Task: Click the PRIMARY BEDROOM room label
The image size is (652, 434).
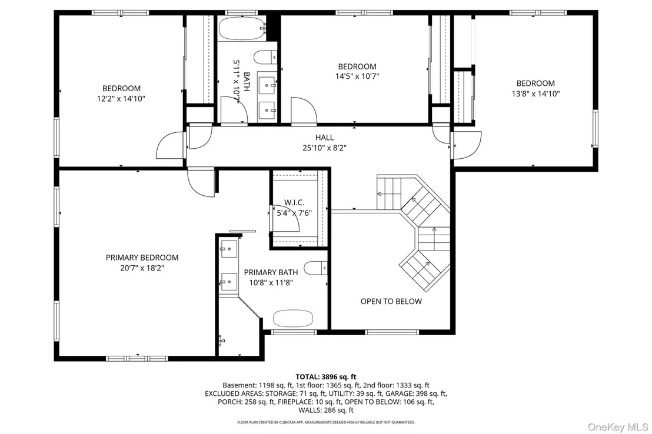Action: [x=142, y=258]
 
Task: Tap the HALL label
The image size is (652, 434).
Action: [x=324, y=137]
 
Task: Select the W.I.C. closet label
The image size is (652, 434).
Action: [x=294, y=203]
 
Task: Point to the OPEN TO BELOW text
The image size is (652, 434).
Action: [x=391, y=301]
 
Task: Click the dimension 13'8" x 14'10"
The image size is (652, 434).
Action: [x=535, y=94]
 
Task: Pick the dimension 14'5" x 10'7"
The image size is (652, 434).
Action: [x=357, y=76]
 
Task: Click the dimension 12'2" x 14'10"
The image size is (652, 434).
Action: [x=121, y=99]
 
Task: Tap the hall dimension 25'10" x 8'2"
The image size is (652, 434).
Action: [x=324, y=148]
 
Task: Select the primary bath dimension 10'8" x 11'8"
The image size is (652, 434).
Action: [x=271, y=283]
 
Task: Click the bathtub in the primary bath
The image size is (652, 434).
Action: [x=292, y=318]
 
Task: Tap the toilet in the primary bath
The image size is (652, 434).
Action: [x=315, y=268]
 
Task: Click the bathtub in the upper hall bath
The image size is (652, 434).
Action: [x=242, y=28]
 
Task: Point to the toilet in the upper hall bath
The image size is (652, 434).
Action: [x=265, y=58]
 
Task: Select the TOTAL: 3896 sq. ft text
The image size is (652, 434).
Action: [x=326, y=377]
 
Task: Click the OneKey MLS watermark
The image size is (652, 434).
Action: [x=618, y=427]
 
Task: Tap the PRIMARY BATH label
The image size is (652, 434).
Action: [x=271, y=272]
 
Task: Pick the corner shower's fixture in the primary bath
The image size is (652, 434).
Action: [x=222, y=341]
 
